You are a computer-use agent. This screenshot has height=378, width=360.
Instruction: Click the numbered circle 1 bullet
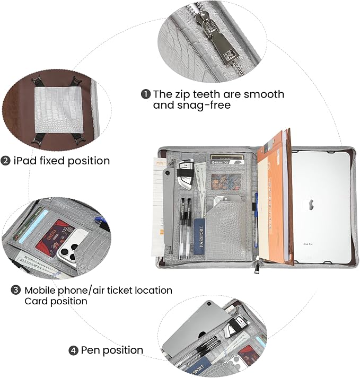tap(146, 94)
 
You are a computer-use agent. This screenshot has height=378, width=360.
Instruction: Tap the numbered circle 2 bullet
tap(5, 161)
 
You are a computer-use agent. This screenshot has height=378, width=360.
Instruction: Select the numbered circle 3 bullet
tap(16, 290)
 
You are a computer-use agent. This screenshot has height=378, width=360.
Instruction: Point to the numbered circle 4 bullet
tap(74, 350)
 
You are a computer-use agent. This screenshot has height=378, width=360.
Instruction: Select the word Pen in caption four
tap(91, 350)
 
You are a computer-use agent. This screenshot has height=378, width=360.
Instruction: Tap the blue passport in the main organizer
tap(199, 236)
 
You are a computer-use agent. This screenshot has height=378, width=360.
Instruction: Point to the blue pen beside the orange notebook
tap(256, 222)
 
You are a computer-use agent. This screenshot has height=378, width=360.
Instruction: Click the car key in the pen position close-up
tap(234, 326)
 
